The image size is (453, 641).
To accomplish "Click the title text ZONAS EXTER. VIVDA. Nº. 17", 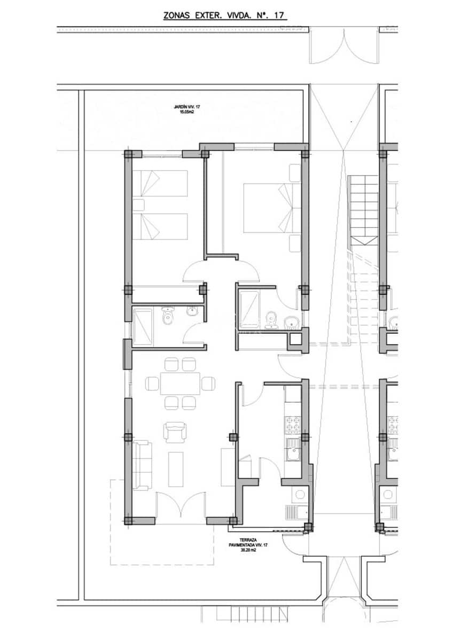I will click(x=225, y=16).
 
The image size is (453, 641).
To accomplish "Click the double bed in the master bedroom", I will click(x=267, y=208).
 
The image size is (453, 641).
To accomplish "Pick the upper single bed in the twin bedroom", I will click(x=160, y=184).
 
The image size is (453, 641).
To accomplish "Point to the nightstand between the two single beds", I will click(x=138, y=205).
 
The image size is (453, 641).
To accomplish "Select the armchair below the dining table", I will click(x=175, y=432).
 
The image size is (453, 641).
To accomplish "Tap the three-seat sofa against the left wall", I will click(x=141, y=465).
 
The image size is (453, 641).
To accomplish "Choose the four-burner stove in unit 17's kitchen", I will click(x=293, y=425).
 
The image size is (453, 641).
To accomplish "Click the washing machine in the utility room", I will click(x=300, y=495).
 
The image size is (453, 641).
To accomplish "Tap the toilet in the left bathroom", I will click(x=168, y=316).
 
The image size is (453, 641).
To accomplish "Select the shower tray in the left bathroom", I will click(x=143, y=326).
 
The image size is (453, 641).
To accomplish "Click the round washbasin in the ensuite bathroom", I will click(x=292, y=322).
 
